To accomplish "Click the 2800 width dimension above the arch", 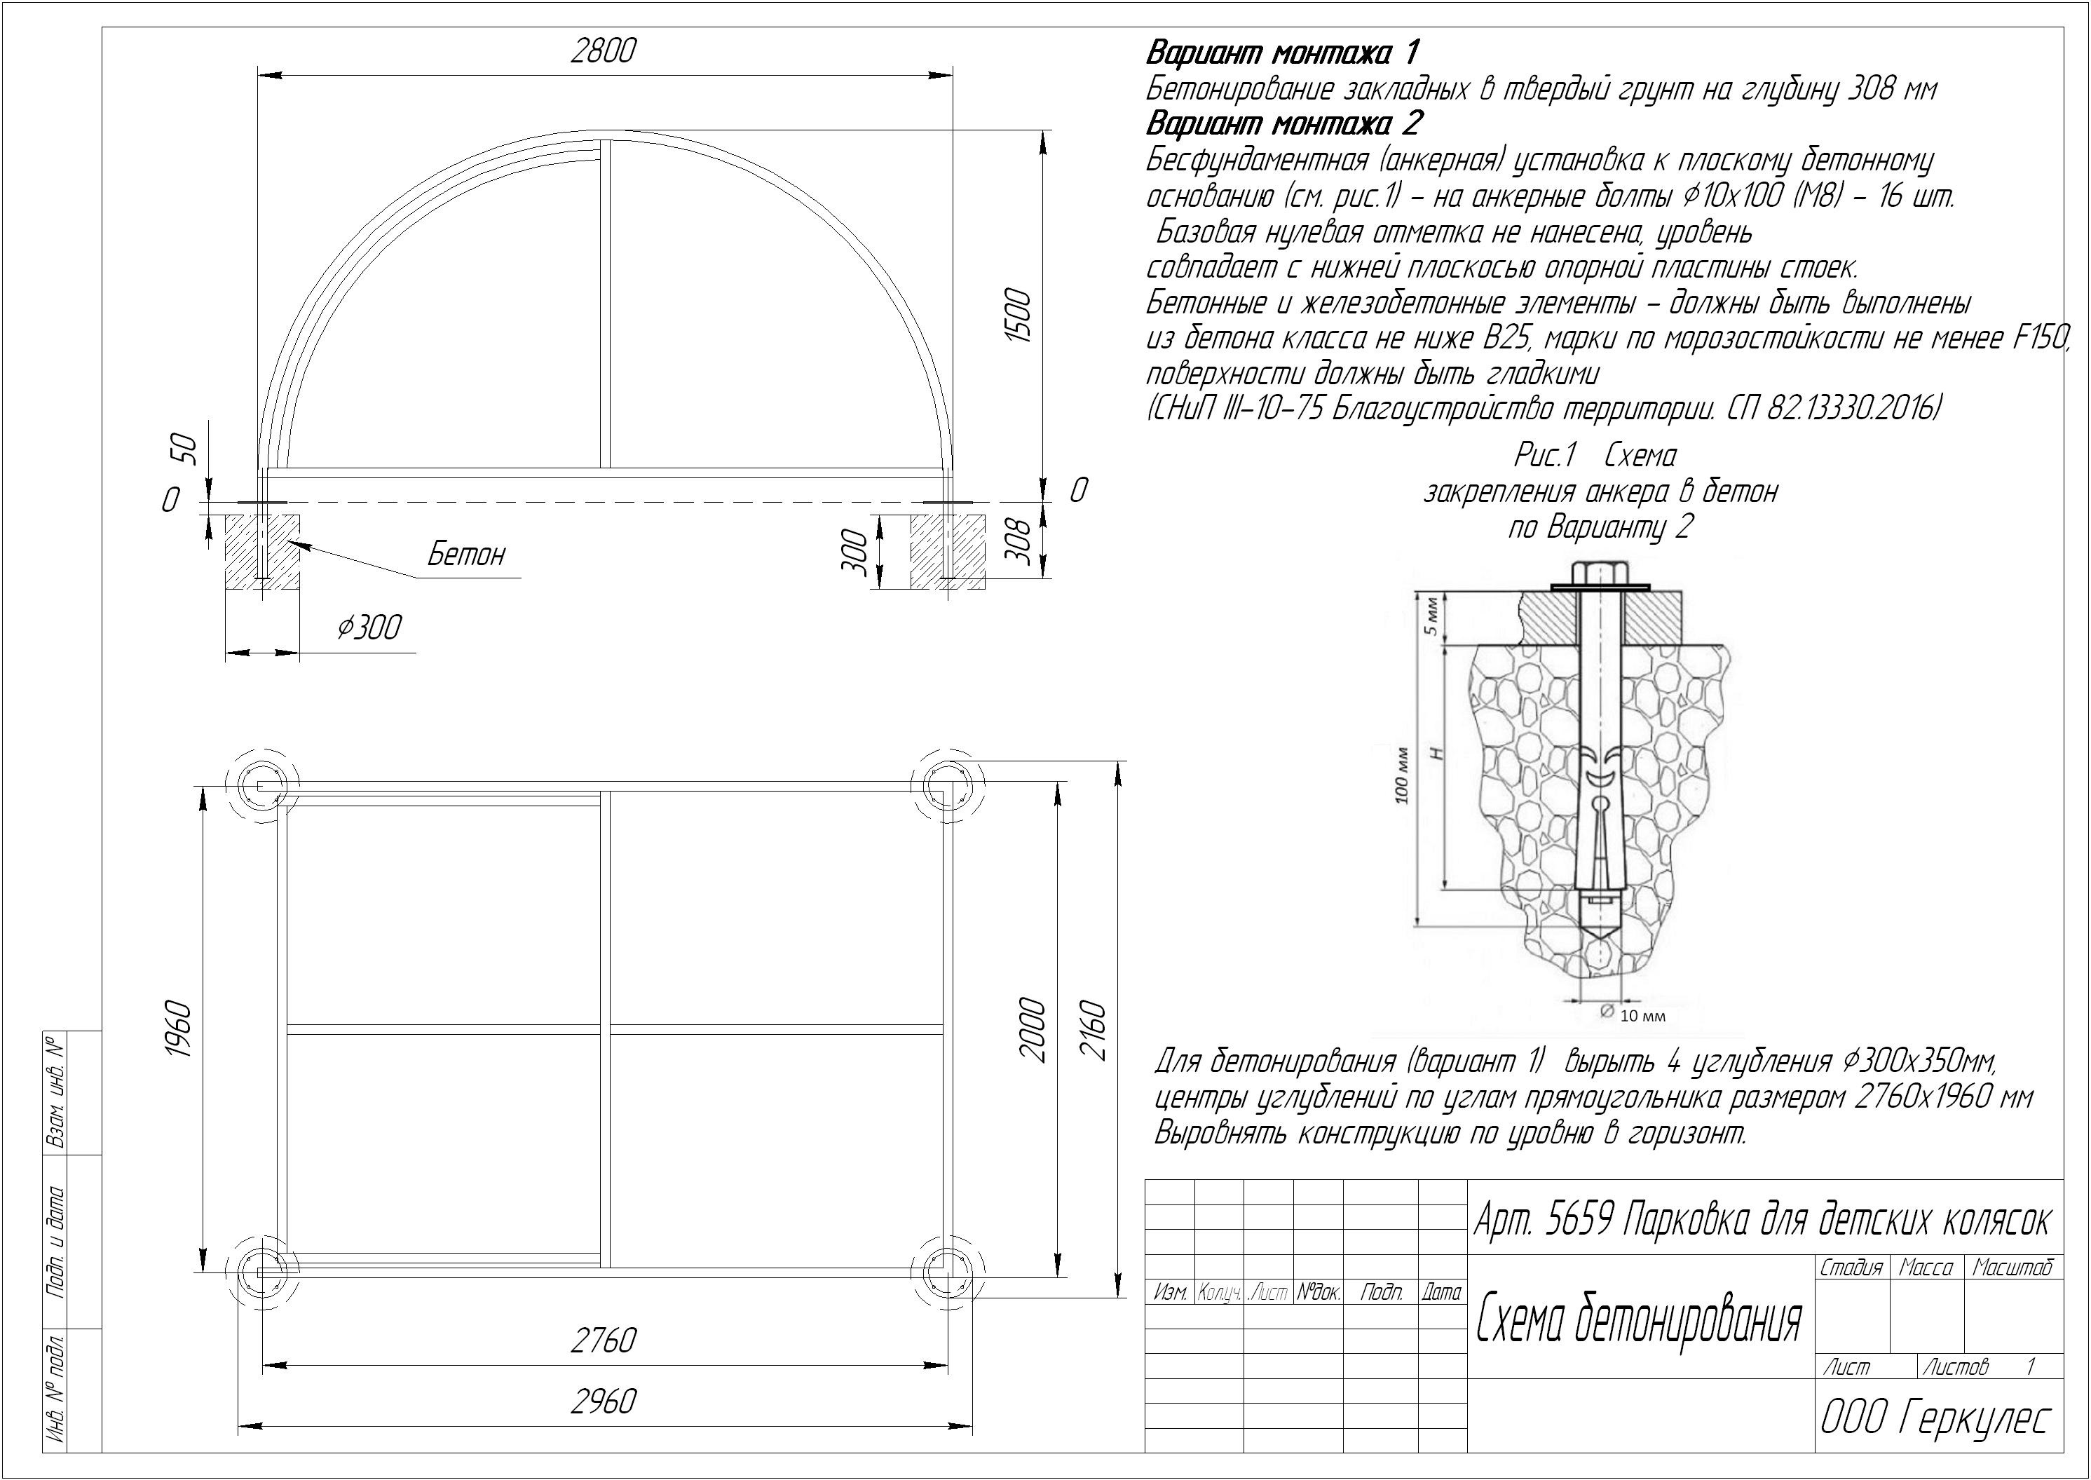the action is pos(602,51).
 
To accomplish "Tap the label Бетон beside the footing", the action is pos(465,554).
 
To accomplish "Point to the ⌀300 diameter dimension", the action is pos(369,627).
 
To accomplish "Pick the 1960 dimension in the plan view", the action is pos(179,1030).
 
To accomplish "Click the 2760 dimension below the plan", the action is pos(603,1340).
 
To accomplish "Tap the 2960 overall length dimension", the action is pos(603,1401).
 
